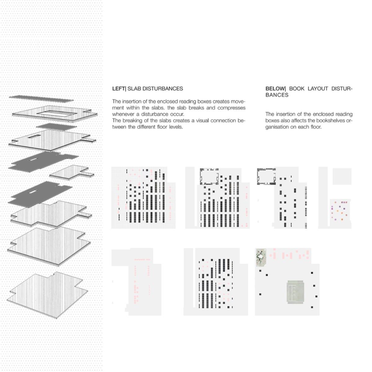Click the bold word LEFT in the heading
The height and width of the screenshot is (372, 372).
click(118, 89)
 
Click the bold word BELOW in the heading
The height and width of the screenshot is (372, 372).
click(275, 89)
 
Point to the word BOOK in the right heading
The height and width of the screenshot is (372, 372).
click(297, 89)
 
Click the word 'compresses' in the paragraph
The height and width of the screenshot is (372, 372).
click(232, 108)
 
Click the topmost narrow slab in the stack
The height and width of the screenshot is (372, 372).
click(41, 99)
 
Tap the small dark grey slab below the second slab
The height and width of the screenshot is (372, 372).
click(56, 127)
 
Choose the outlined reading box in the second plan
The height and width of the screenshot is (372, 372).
click(209, 176)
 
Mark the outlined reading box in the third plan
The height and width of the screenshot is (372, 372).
click(266, 176)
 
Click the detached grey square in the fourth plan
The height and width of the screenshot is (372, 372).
click(342, 176)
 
